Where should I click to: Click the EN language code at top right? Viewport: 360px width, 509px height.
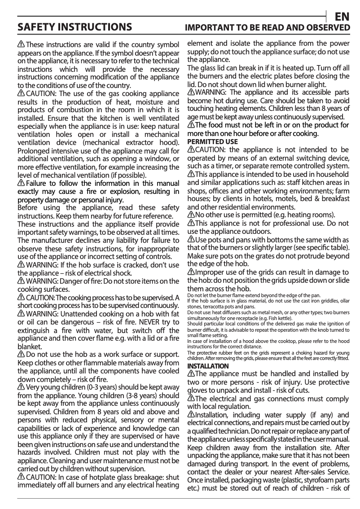coord(342,17)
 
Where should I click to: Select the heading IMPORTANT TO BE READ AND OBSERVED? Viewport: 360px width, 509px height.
coord(268,28)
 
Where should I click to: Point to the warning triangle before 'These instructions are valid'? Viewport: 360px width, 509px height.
coord(21,44)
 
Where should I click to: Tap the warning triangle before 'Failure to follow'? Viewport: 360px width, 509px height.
coord(21,183)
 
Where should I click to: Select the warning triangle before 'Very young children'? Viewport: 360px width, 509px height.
coord(21,387)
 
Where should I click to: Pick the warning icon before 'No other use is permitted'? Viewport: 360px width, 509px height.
coord(190,215)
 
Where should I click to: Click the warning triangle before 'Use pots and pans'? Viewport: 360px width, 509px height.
coord(190,241)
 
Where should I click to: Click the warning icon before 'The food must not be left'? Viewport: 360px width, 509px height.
coord(190,125)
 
